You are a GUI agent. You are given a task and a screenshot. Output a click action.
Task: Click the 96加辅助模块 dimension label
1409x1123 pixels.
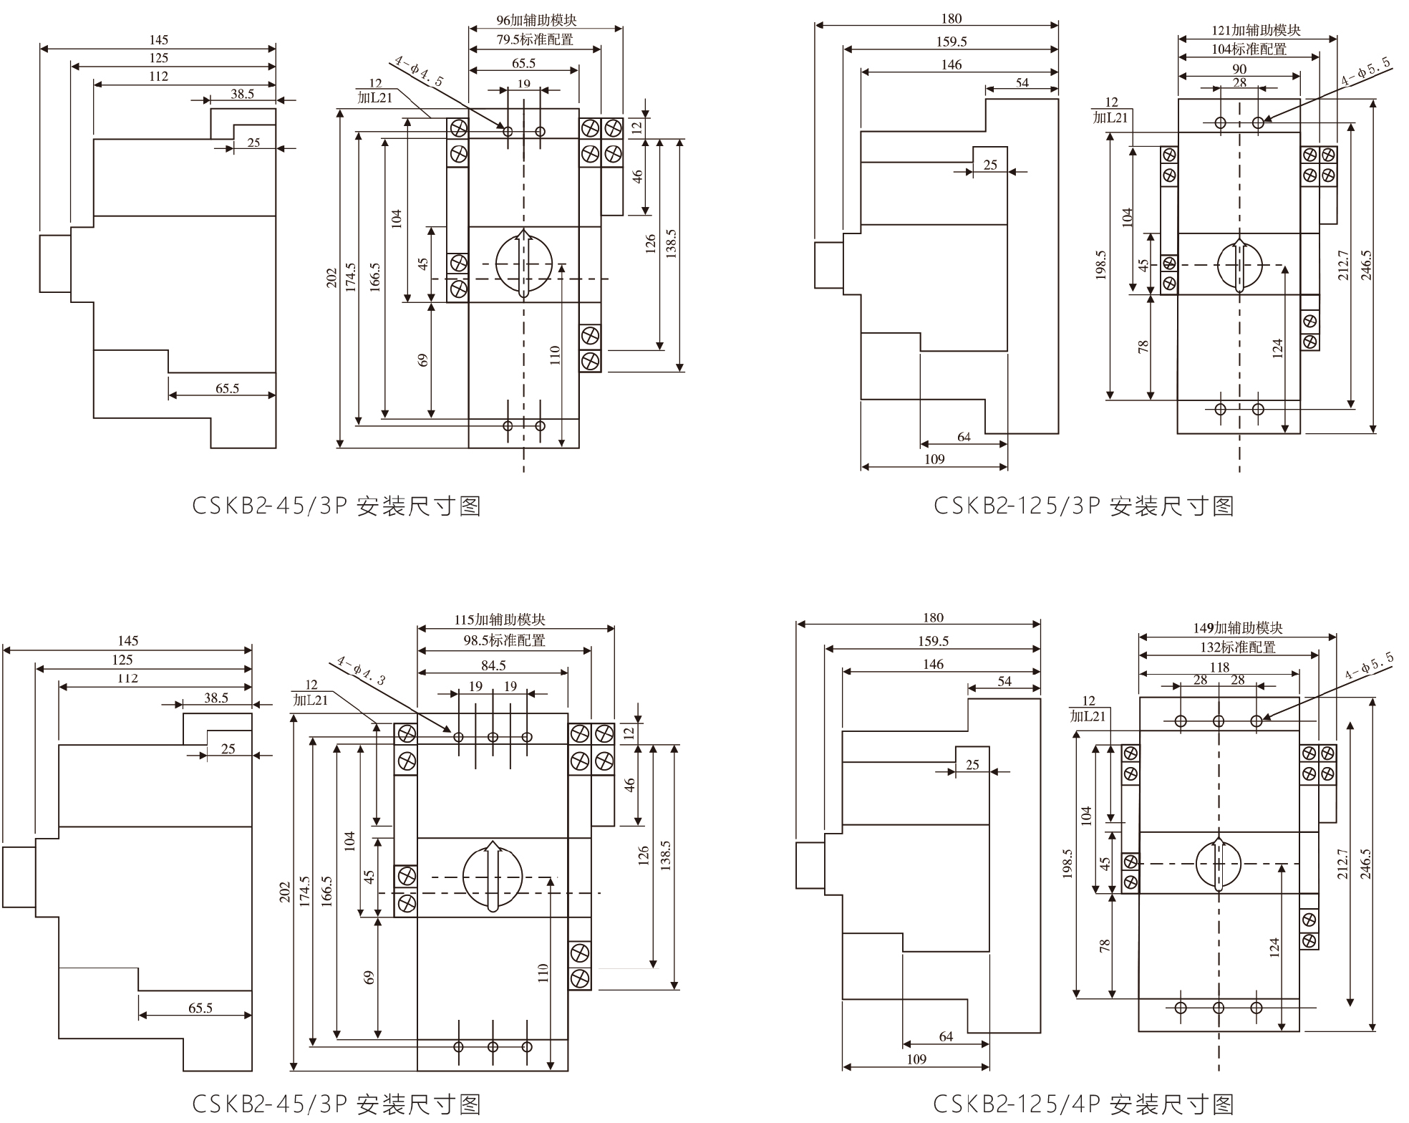click(x=536, y=20)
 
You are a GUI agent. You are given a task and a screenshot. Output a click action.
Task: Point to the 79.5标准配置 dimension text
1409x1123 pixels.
click(x=535, y=40)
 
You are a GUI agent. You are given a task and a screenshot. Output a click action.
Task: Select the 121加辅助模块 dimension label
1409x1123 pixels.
click(x=1256, y=30)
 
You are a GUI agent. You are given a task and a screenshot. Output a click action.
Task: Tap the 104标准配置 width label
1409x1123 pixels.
click(x=1249, y=49)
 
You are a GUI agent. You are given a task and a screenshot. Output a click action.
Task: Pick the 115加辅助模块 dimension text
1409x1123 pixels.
click(x=500, y=620)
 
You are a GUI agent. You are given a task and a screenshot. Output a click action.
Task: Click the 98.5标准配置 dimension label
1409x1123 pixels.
click(x=504, y=640)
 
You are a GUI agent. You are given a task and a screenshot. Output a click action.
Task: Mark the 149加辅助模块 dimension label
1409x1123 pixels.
click(x=1237, y=627)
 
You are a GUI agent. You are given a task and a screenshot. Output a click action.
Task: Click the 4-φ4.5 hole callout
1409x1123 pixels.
click(x=419, y=72)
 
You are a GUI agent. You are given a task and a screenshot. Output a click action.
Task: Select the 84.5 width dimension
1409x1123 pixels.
click(x=493, y=665)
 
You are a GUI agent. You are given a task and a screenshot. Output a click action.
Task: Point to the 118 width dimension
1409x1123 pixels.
click(x=1219, y=667)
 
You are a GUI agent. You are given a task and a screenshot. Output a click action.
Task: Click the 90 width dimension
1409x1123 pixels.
click(x=1239, y=69)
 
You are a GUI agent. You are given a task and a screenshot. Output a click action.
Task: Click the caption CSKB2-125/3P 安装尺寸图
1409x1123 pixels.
click(x=1084, y=506)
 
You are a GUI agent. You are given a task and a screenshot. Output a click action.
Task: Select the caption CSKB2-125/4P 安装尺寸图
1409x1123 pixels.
click(x=1084, y=1104)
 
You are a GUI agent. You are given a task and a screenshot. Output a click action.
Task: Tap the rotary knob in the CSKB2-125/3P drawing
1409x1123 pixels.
click(x=1239, y=265)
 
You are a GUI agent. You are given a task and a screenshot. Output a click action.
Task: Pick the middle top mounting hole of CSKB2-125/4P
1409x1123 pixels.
click(x=1219, y=721)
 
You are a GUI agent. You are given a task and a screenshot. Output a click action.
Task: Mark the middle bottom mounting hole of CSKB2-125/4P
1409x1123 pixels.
click(x=1219, y=1008)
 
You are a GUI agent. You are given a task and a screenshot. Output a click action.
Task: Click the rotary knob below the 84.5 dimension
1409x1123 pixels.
click(x=493, y=876)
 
